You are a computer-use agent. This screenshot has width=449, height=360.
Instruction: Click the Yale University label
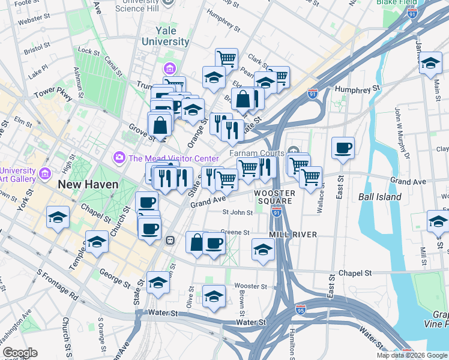[165, 35]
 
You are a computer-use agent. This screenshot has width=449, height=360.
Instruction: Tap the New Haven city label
[88, 184]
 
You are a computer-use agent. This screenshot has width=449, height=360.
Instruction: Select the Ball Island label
[382, 196]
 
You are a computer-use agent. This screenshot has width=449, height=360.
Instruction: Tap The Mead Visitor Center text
[173, 158]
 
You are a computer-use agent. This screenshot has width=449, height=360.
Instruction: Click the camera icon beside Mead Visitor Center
[119, 158]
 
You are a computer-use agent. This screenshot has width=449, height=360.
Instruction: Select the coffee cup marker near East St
[343, 148]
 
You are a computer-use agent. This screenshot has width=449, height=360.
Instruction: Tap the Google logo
[20, 353]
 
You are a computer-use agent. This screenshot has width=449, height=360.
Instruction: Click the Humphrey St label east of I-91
[358, 88]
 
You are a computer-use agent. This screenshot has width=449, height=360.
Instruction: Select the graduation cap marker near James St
[430, 62]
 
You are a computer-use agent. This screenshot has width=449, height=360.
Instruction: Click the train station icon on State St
[170, 240]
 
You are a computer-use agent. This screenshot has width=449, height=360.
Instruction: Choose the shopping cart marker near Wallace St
[310, 178]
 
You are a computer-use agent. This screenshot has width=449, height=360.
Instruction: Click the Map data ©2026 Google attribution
[411, 355]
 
